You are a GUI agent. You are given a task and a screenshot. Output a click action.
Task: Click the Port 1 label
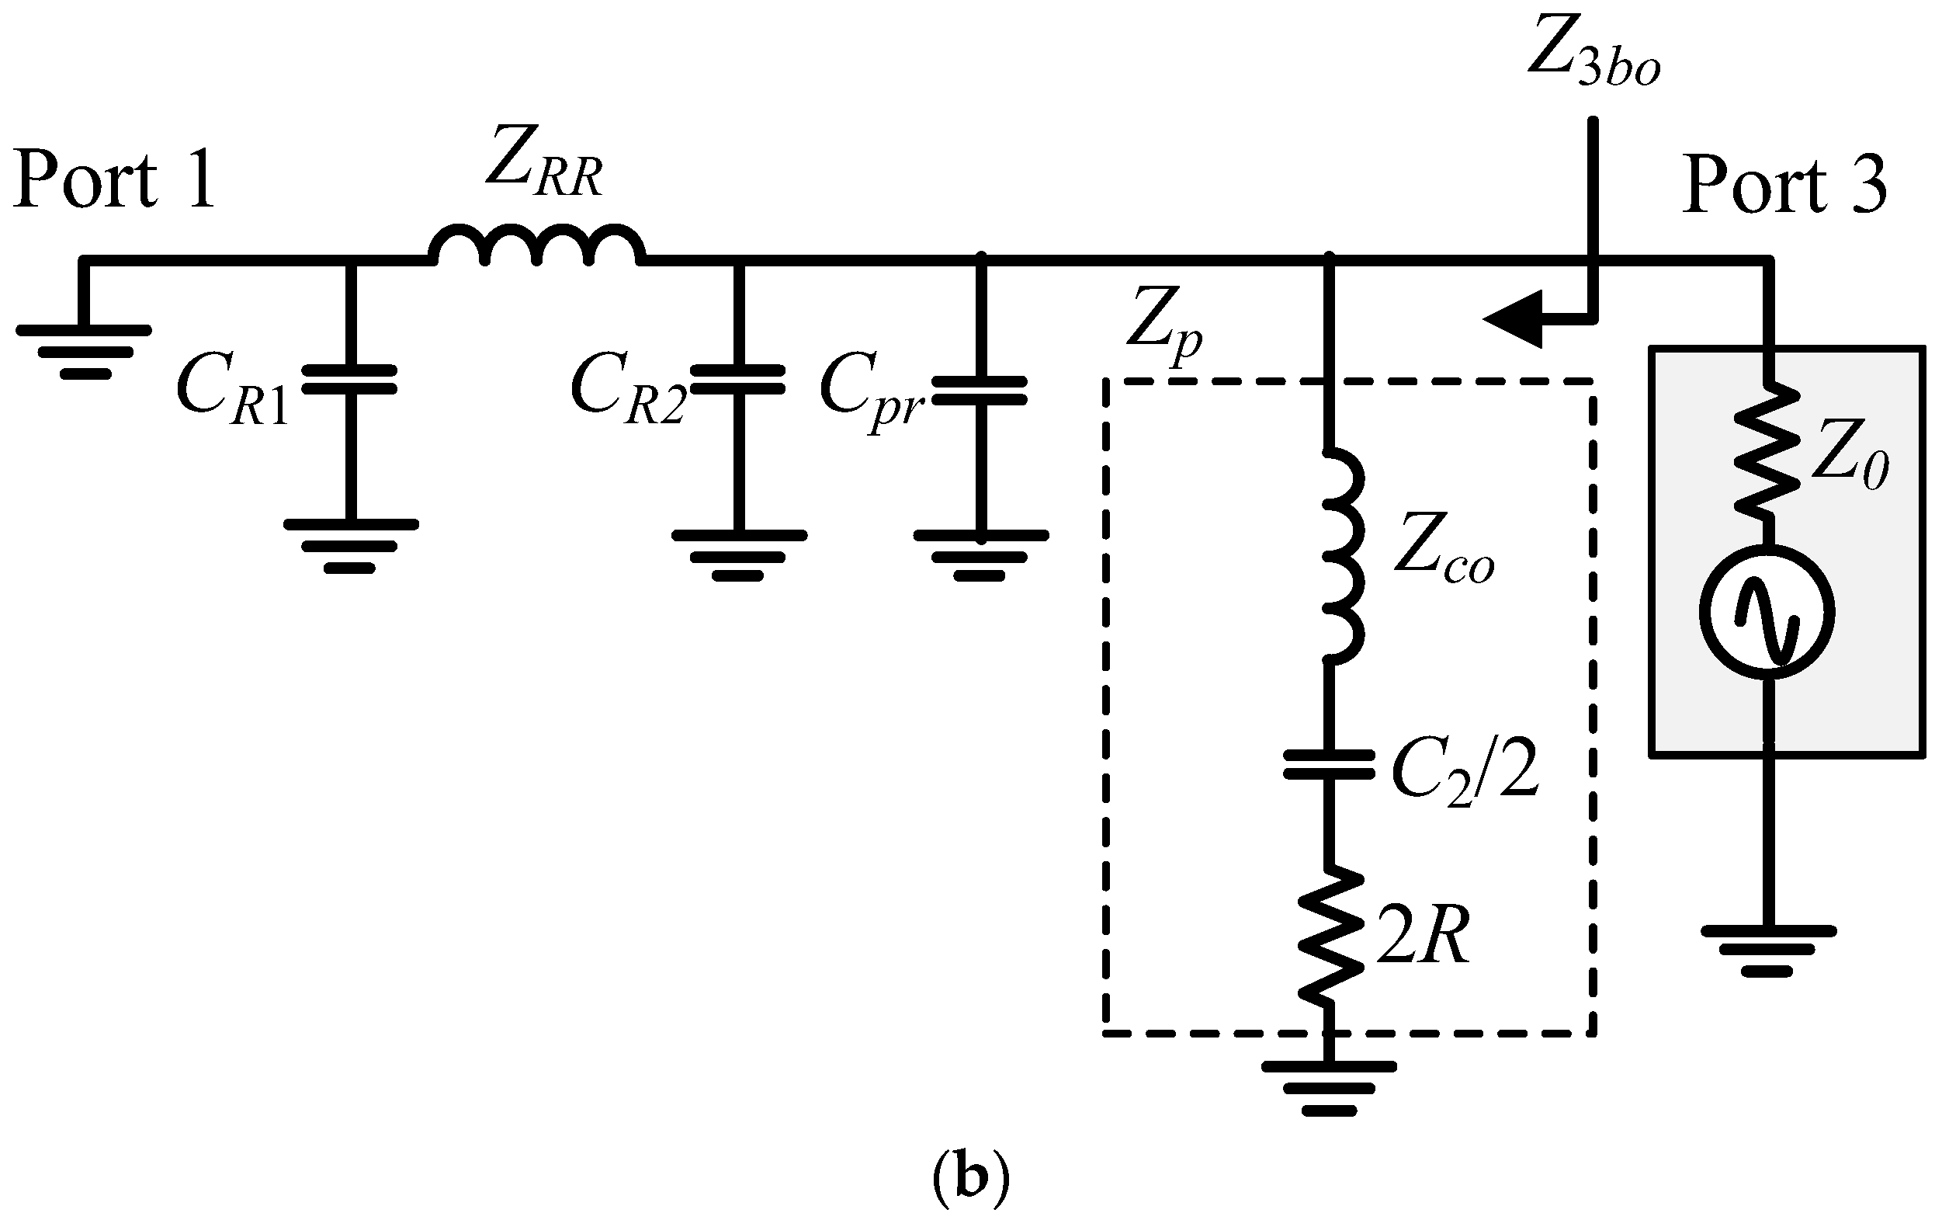click(115, 181)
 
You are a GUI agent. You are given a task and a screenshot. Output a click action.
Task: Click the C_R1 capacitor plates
click(349, 379)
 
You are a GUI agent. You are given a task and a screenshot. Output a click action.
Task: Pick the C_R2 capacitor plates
click(737, 379)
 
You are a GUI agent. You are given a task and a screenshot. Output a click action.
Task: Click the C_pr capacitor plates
click(980, 391)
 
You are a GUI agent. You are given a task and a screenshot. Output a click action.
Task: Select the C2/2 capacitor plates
click(1328, 764)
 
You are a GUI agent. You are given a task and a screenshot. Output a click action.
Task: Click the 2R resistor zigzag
click(1328, 936)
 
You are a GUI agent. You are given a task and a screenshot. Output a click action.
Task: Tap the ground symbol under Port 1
click(84, 351)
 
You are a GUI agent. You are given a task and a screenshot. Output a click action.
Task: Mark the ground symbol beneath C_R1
click(350, 545)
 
